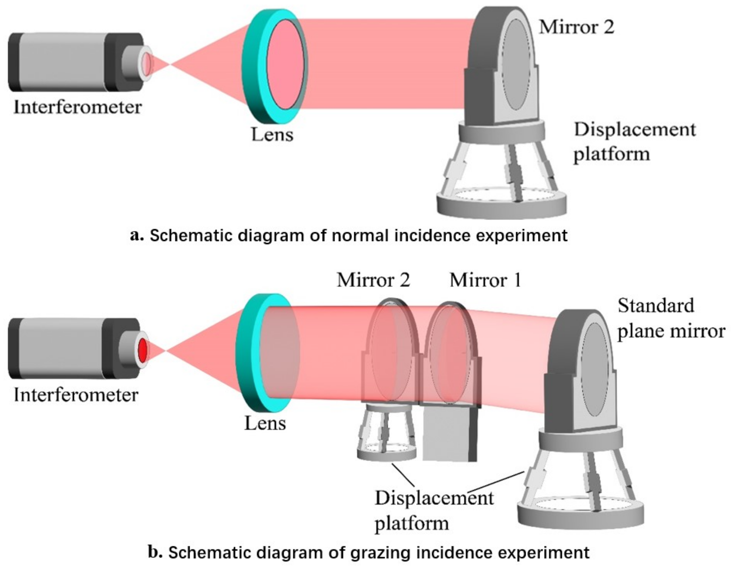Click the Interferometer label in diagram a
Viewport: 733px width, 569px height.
[x=77, y=108]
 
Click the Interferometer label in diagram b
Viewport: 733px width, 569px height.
[x=76, y=395]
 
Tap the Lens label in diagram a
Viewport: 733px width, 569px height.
[x=272, y=135]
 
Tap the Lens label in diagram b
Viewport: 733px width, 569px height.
[x=265, y=423]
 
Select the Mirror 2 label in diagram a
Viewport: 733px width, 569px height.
[x=576, y=27]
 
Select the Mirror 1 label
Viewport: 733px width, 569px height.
[x=485, y=280]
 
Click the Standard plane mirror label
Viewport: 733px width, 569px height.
[x=671, y=319]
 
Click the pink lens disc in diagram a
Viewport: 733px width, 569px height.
[x=285, y=64]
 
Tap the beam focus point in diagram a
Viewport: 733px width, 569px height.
[x=170, y=64]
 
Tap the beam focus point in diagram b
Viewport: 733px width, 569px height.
[x=166, y=351]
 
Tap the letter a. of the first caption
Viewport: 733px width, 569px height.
[x=137, y=235]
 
